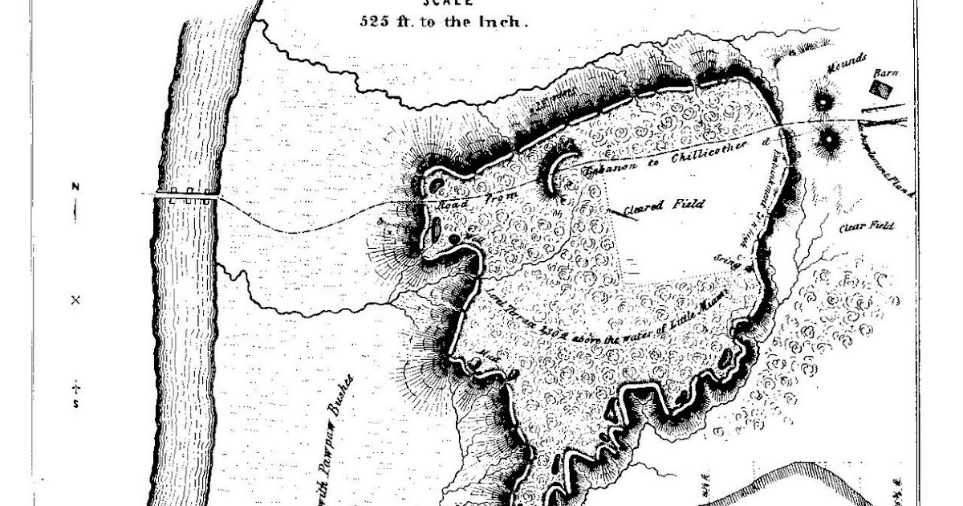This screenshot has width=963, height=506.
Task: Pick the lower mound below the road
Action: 827,140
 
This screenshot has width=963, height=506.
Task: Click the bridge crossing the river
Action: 189,194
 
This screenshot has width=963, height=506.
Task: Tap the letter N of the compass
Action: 75,187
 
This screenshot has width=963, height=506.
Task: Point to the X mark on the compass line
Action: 76,300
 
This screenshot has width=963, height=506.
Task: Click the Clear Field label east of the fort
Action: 867,227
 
